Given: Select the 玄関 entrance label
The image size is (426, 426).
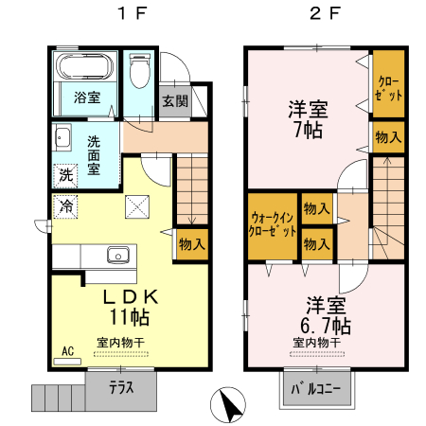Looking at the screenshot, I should coord(173,101).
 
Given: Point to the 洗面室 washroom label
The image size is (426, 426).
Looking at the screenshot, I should coord(95,155).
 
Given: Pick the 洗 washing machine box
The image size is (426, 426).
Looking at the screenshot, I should coord(65,175).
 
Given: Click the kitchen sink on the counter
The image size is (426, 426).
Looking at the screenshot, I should coord(118,254).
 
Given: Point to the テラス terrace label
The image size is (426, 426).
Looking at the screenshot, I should coord(119,386).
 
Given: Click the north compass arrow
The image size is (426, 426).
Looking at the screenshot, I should coord(228,406).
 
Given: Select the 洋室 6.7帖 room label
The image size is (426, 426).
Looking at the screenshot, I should coord(326,316).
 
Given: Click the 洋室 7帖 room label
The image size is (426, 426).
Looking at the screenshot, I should coord(305,119).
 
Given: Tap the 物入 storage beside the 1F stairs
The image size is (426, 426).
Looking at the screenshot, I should coord(191,243).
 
